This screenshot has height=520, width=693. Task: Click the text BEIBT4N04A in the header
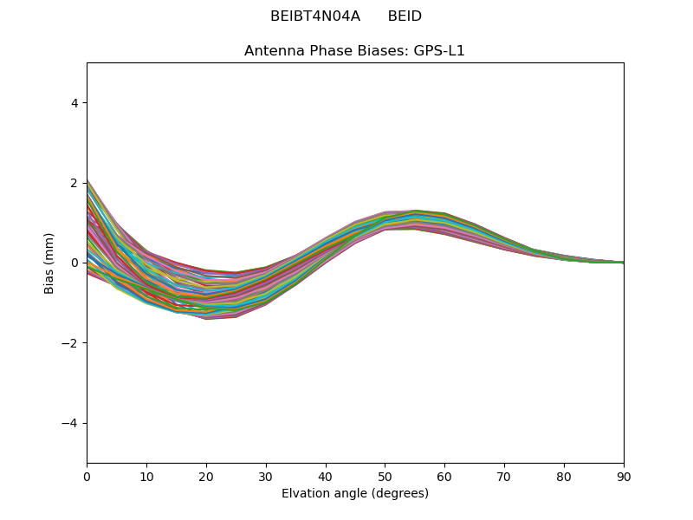(x=314, y=16)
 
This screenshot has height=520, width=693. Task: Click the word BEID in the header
(x=405, y=16)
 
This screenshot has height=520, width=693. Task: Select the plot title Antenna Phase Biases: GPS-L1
(x=354, y=51)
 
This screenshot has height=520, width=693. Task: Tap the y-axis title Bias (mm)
(x=49, y=263)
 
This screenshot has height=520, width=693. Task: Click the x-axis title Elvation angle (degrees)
(x=354, y=494)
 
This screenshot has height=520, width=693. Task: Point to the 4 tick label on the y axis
(x=74, y=102)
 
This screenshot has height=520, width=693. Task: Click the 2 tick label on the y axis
(x=74, y=183)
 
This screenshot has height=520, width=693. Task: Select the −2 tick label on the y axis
(x=71, y=343)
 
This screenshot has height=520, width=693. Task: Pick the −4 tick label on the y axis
(x=71, y=423)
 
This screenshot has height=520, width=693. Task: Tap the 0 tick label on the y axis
(x=74, y=263)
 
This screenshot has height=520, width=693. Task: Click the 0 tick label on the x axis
(x=87, y=476)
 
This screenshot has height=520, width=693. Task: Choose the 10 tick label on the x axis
(x=146, y=476)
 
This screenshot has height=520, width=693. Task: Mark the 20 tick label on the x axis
(x=206, y=476)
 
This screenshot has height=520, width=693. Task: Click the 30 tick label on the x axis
(x=266, y=476)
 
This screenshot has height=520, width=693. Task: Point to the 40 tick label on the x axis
(x=326, y=476)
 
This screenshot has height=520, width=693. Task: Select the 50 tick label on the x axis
(x=385, y=476)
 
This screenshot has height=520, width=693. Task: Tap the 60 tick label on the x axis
(x=444, y=476)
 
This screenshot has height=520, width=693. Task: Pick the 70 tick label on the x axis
(x=504, y=476)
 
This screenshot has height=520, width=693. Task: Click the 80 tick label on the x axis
(x=564, y=476)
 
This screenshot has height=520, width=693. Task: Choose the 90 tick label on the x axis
(x=624, y=476)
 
